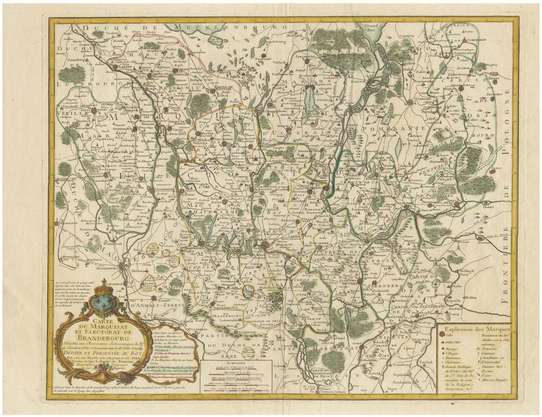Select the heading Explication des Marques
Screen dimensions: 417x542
point(475,329)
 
